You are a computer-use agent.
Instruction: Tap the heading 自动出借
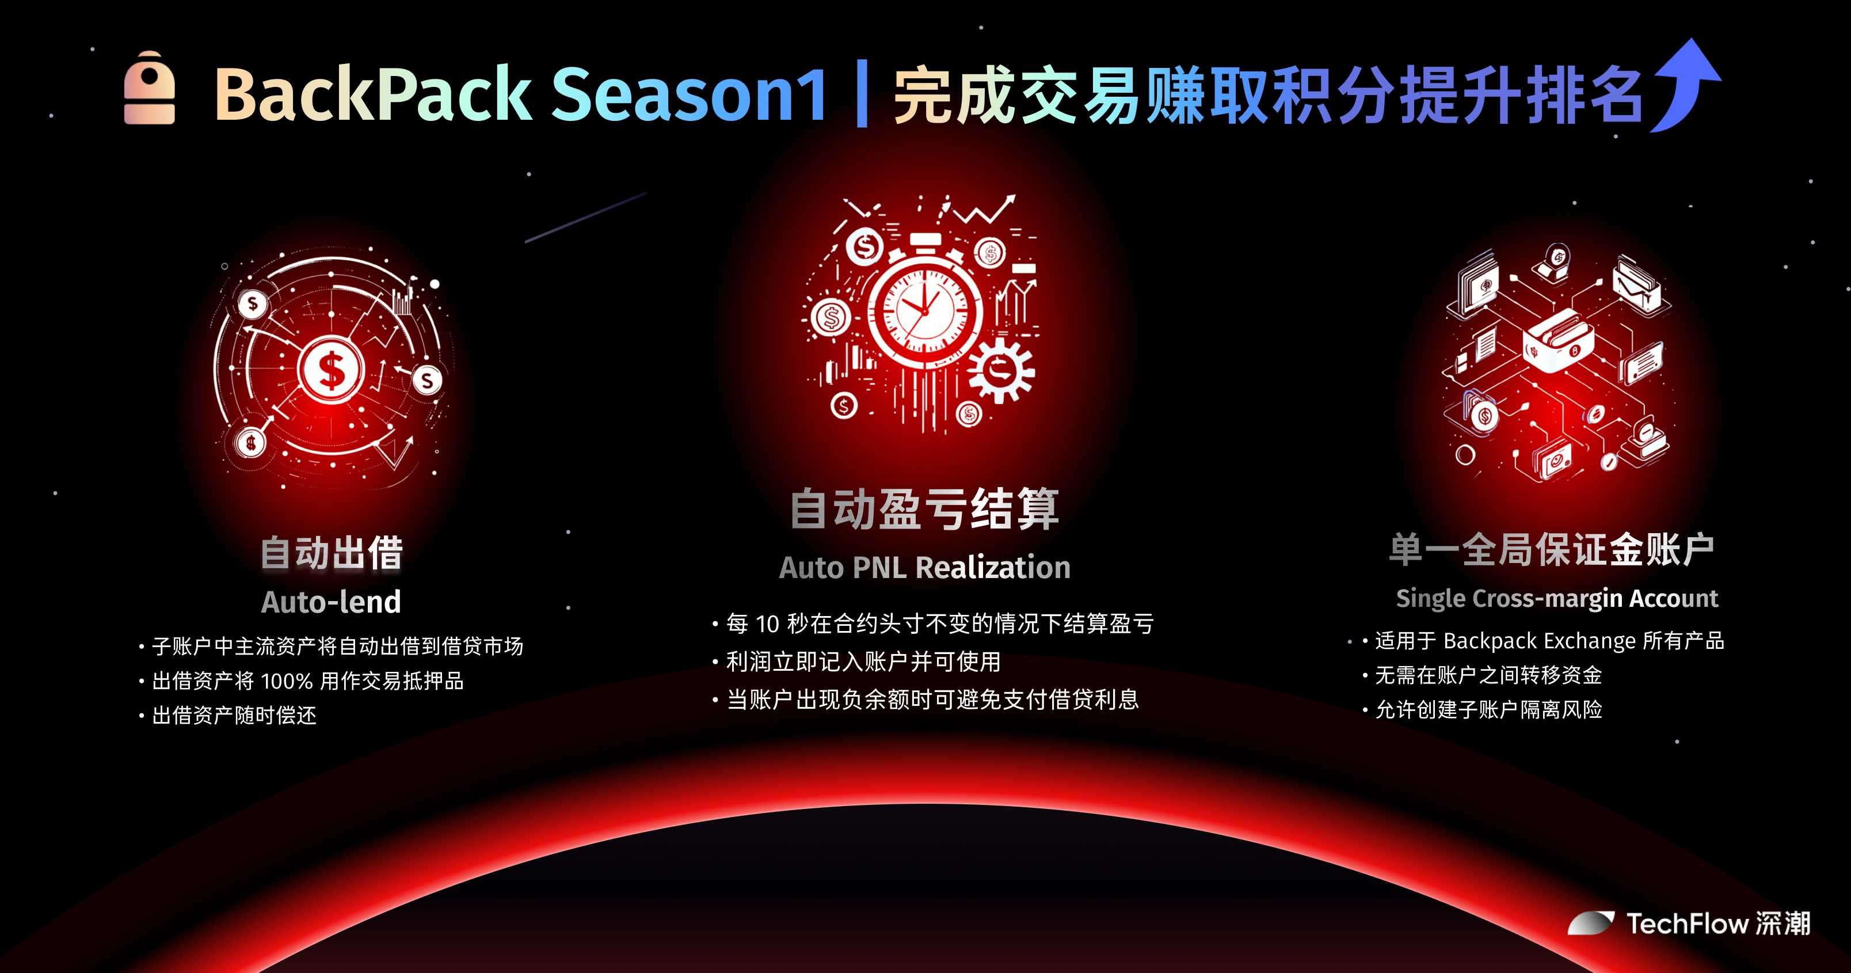coord(332,553)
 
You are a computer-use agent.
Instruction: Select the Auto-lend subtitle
coord(332,602)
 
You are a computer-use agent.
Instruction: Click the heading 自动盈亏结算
coord(925,509)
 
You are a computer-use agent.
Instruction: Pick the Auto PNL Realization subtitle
coord(925,568)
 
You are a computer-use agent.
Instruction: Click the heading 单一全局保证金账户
coord(1552,550)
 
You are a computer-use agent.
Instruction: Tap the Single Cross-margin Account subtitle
coord(1557,599)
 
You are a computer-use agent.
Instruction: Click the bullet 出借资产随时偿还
coord(234,716)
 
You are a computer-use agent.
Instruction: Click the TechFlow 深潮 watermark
coord(1689,923)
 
